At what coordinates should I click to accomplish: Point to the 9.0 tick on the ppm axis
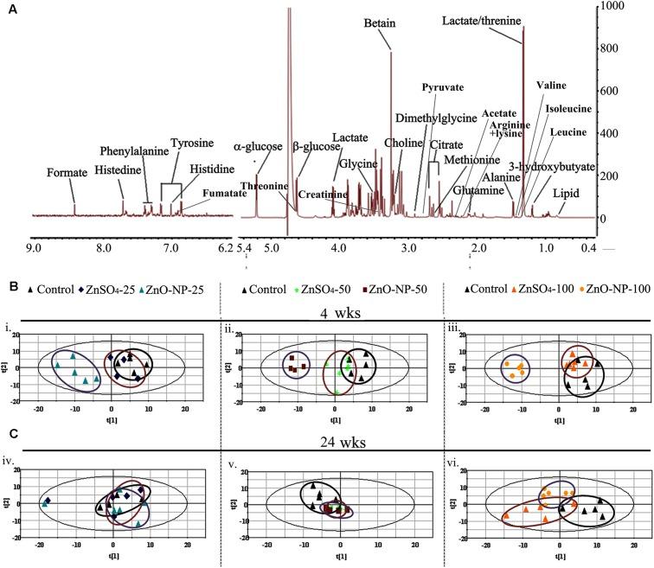coord(34,247)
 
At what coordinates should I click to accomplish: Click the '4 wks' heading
coord(333,311)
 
